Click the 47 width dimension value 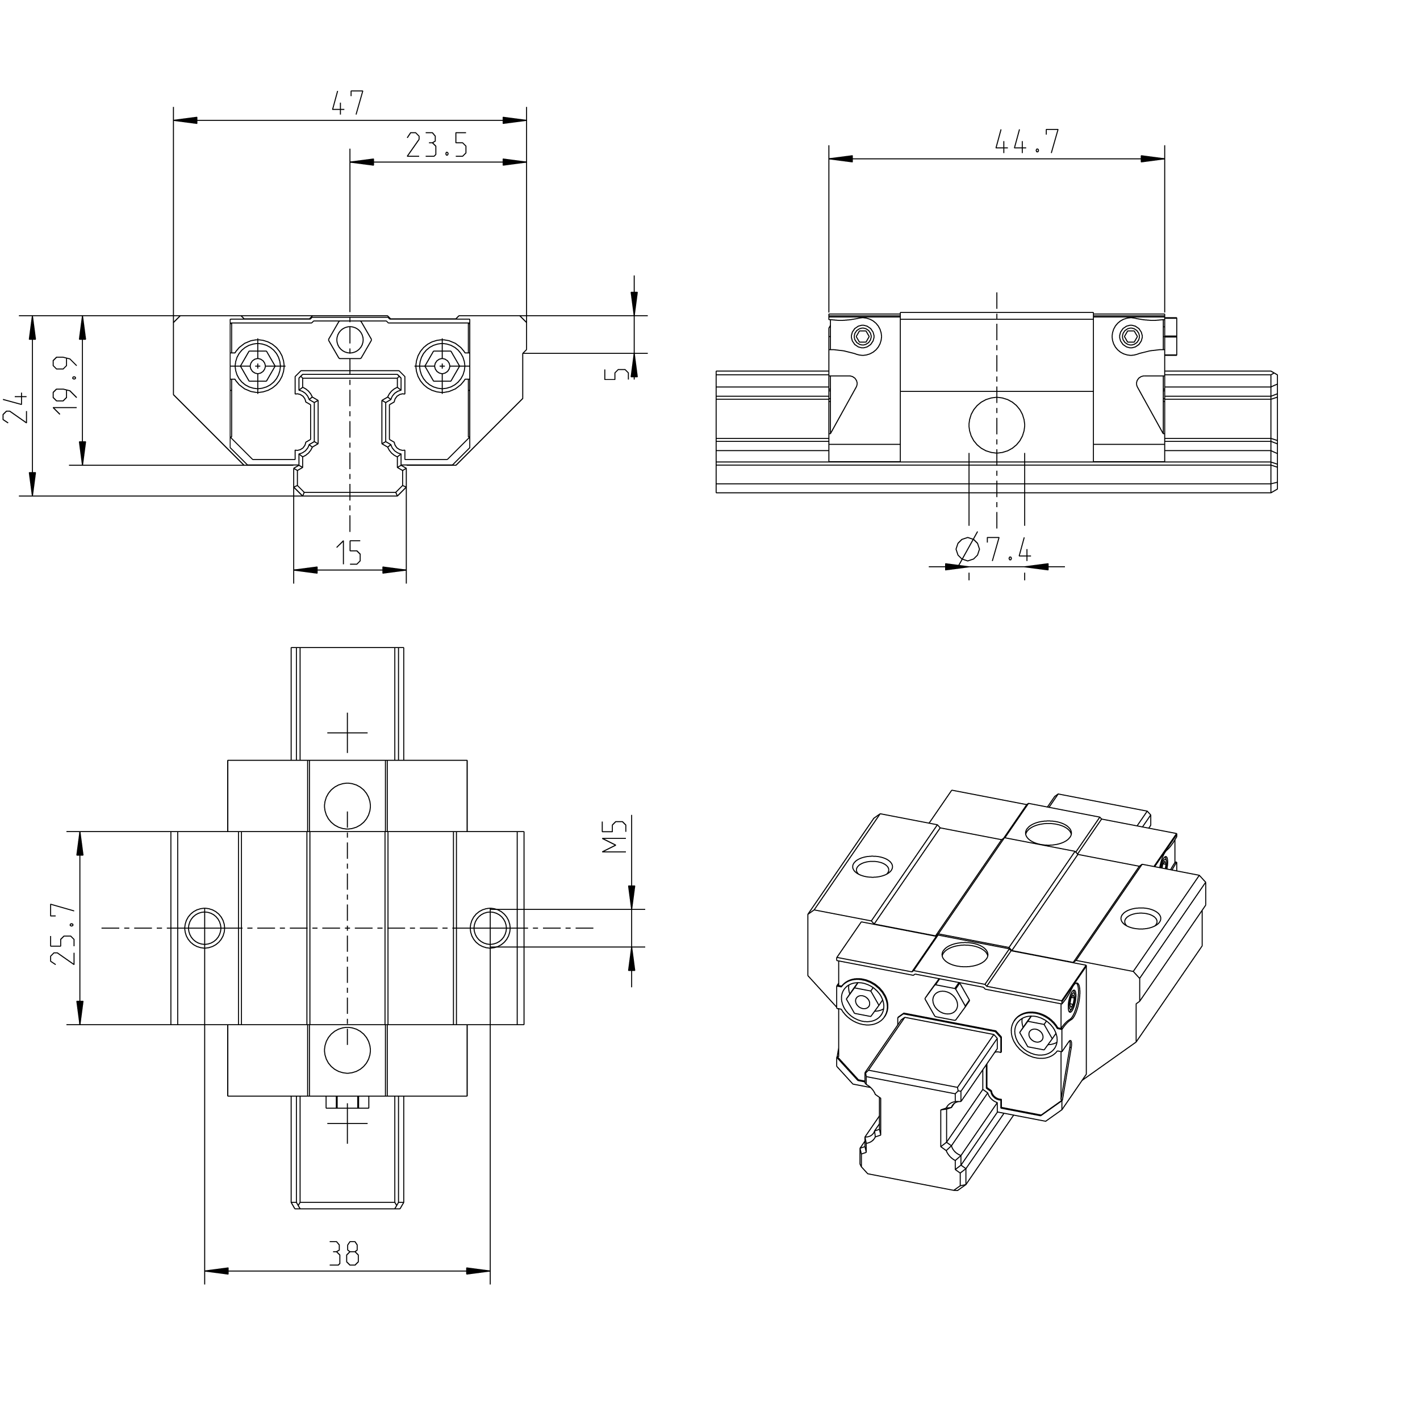348,103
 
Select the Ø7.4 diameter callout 993,549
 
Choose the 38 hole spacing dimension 344,1254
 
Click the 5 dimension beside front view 617,374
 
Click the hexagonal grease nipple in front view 350,340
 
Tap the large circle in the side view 996,425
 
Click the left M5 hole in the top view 205,927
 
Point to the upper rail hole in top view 348,806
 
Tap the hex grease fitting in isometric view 945,1001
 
